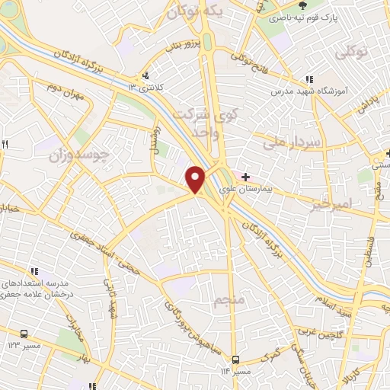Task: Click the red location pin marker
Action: pyautogui.click(x=196, y=179)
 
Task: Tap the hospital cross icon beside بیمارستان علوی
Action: pyautogui.click(x=245, y=177)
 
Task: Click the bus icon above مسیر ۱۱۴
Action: pyautogui.click(x=235, y=360)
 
